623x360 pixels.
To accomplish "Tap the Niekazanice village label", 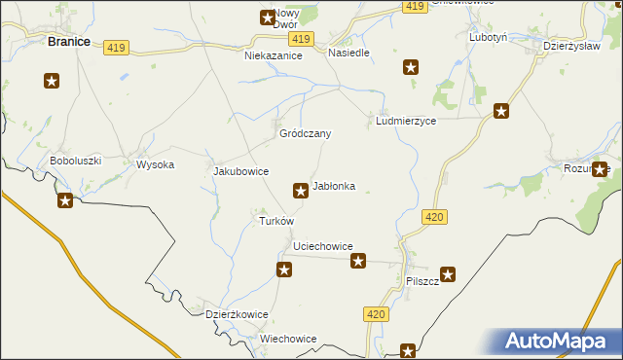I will click(x=274, y=56).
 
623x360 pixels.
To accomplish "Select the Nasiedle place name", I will click(x=348, y=53).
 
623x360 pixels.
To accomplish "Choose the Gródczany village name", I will click(x=306, y=133).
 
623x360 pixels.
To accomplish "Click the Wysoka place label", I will click(x=155, y=164).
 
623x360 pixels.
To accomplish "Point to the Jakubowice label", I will click(x=240, y=171).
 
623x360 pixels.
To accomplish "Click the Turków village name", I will click(x=275, y=221).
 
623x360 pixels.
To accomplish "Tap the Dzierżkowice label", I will click(x=237, y=314).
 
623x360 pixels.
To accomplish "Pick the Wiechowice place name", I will click(x=288, y=339).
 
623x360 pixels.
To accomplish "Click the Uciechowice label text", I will click(x=315, y=247).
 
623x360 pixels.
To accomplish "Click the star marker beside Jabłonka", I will click(x=301, y=190).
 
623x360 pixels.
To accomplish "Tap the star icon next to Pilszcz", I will click(x=448, y=275).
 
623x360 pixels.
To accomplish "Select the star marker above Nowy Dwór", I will click(x=268, y=17).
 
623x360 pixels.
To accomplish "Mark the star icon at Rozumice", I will click(x=600, y=168).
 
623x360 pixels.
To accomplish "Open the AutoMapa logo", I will click(x=560, y=341).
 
